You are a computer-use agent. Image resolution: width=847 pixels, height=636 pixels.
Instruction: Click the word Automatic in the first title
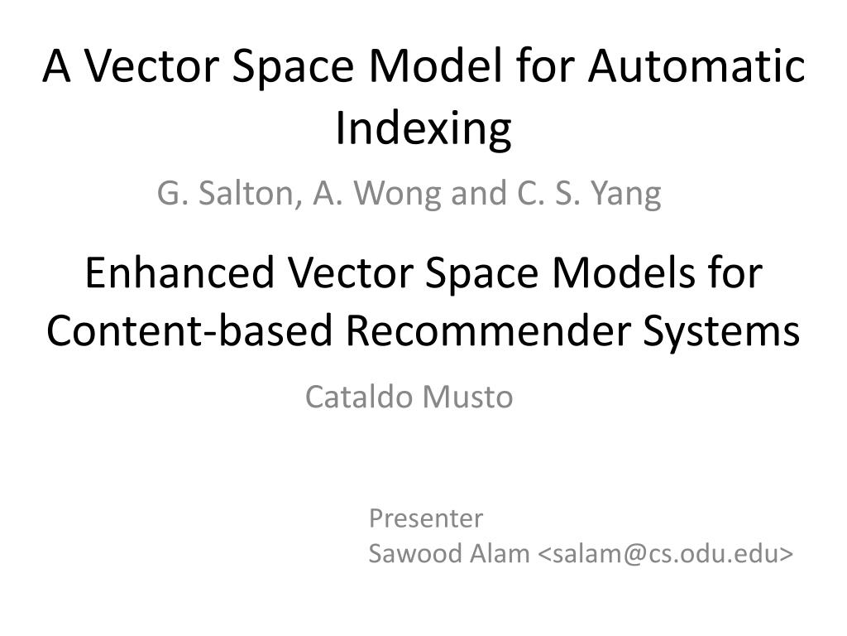(696, 65)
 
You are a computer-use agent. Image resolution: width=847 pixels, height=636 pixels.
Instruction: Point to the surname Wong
(397, 194)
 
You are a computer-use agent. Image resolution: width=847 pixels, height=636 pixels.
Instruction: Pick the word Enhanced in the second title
(180, 272)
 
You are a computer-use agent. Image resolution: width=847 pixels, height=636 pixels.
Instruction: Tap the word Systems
(721, 331)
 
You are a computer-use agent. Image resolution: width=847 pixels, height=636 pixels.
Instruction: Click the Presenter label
(426, 518)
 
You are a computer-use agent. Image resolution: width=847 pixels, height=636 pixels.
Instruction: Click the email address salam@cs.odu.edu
(666, 553)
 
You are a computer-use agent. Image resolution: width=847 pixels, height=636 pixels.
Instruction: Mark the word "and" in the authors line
(479, 194)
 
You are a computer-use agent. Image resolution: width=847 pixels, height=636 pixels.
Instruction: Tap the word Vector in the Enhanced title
(351, 272)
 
